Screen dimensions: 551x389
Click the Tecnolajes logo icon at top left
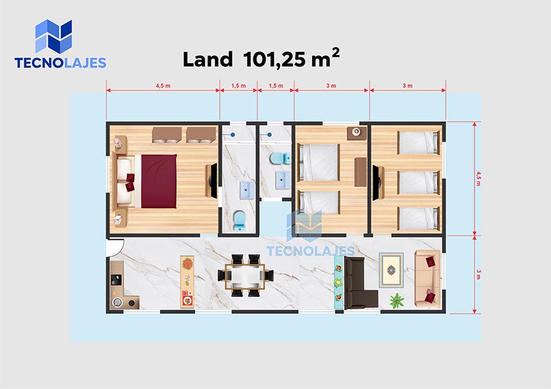click(53, 36)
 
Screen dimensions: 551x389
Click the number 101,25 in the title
click(274, 60)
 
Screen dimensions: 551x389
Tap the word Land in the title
click(208, 59)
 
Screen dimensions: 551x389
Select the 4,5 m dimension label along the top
click(163, 86)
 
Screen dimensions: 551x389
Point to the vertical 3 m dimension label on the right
click(478, 274)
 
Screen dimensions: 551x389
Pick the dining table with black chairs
click(245, 276)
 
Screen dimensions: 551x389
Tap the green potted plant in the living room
click(397, 301)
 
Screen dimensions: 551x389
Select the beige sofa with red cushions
click(427, 279)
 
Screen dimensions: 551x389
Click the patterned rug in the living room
click(391, 270)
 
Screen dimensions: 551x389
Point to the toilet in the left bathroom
click(239, 220)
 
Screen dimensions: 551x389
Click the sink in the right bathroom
click(282, 179)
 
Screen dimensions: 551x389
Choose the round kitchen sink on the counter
click(117, 302)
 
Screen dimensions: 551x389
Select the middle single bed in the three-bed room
click(419, 182)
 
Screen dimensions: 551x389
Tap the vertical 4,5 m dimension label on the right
click(478, 179)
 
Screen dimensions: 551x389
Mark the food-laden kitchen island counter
click(187, 282)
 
